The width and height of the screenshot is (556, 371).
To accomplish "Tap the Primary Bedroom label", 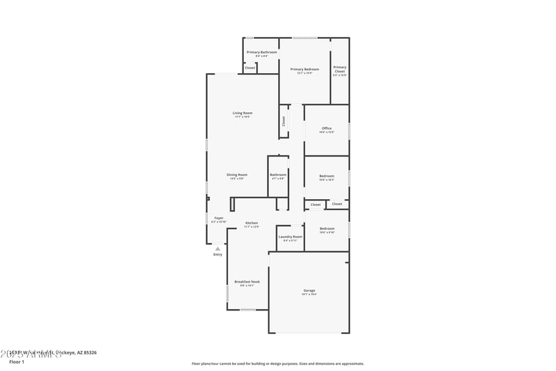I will tap(304, 69).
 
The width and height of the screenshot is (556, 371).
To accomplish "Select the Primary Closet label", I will tap(339, 69).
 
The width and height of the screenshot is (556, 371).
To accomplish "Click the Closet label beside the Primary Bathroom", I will tap(250, 68).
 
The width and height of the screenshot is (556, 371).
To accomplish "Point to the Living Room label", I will tap(242, 113).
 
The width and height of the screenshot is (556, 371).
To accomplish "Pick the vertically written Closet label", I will tap(284, 120).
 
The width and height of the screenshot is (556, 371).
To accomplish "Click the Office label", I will tap(327, 128).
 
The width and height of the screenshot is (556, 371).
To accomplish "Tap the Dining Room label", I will tap(237, 175).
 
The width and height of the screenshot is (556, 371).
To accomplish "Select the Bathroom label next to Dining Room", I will tap(278, 175).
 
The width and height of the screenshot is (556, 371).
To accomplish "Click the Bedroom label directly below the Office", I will tap(327, 176).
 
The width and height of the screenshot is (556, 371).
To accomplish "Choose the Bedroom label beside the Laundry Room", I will tap(327, 228).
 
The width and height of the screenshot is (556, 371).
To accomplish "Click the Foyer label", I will tap(218, 218).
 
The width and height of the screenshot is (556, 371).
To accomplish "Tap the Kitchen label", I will tap(251, 223).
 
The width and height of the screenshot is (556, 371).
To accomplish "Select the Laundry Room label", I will tap(290, 237).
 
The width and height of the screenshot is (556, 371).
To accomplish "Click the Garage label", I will tap(309, 290).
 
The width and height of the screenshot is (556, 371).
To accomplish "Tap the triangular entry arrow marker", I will tap(218, 248).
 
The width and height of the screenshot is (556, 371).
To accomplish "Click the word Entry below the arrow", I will tap(218, 255).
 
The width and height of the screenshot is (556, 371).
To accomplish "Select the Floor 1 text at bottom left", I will tap(16, 362).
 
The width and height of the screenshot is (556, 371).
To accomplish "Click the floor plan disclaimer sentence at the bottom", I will tap(278, 363).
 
